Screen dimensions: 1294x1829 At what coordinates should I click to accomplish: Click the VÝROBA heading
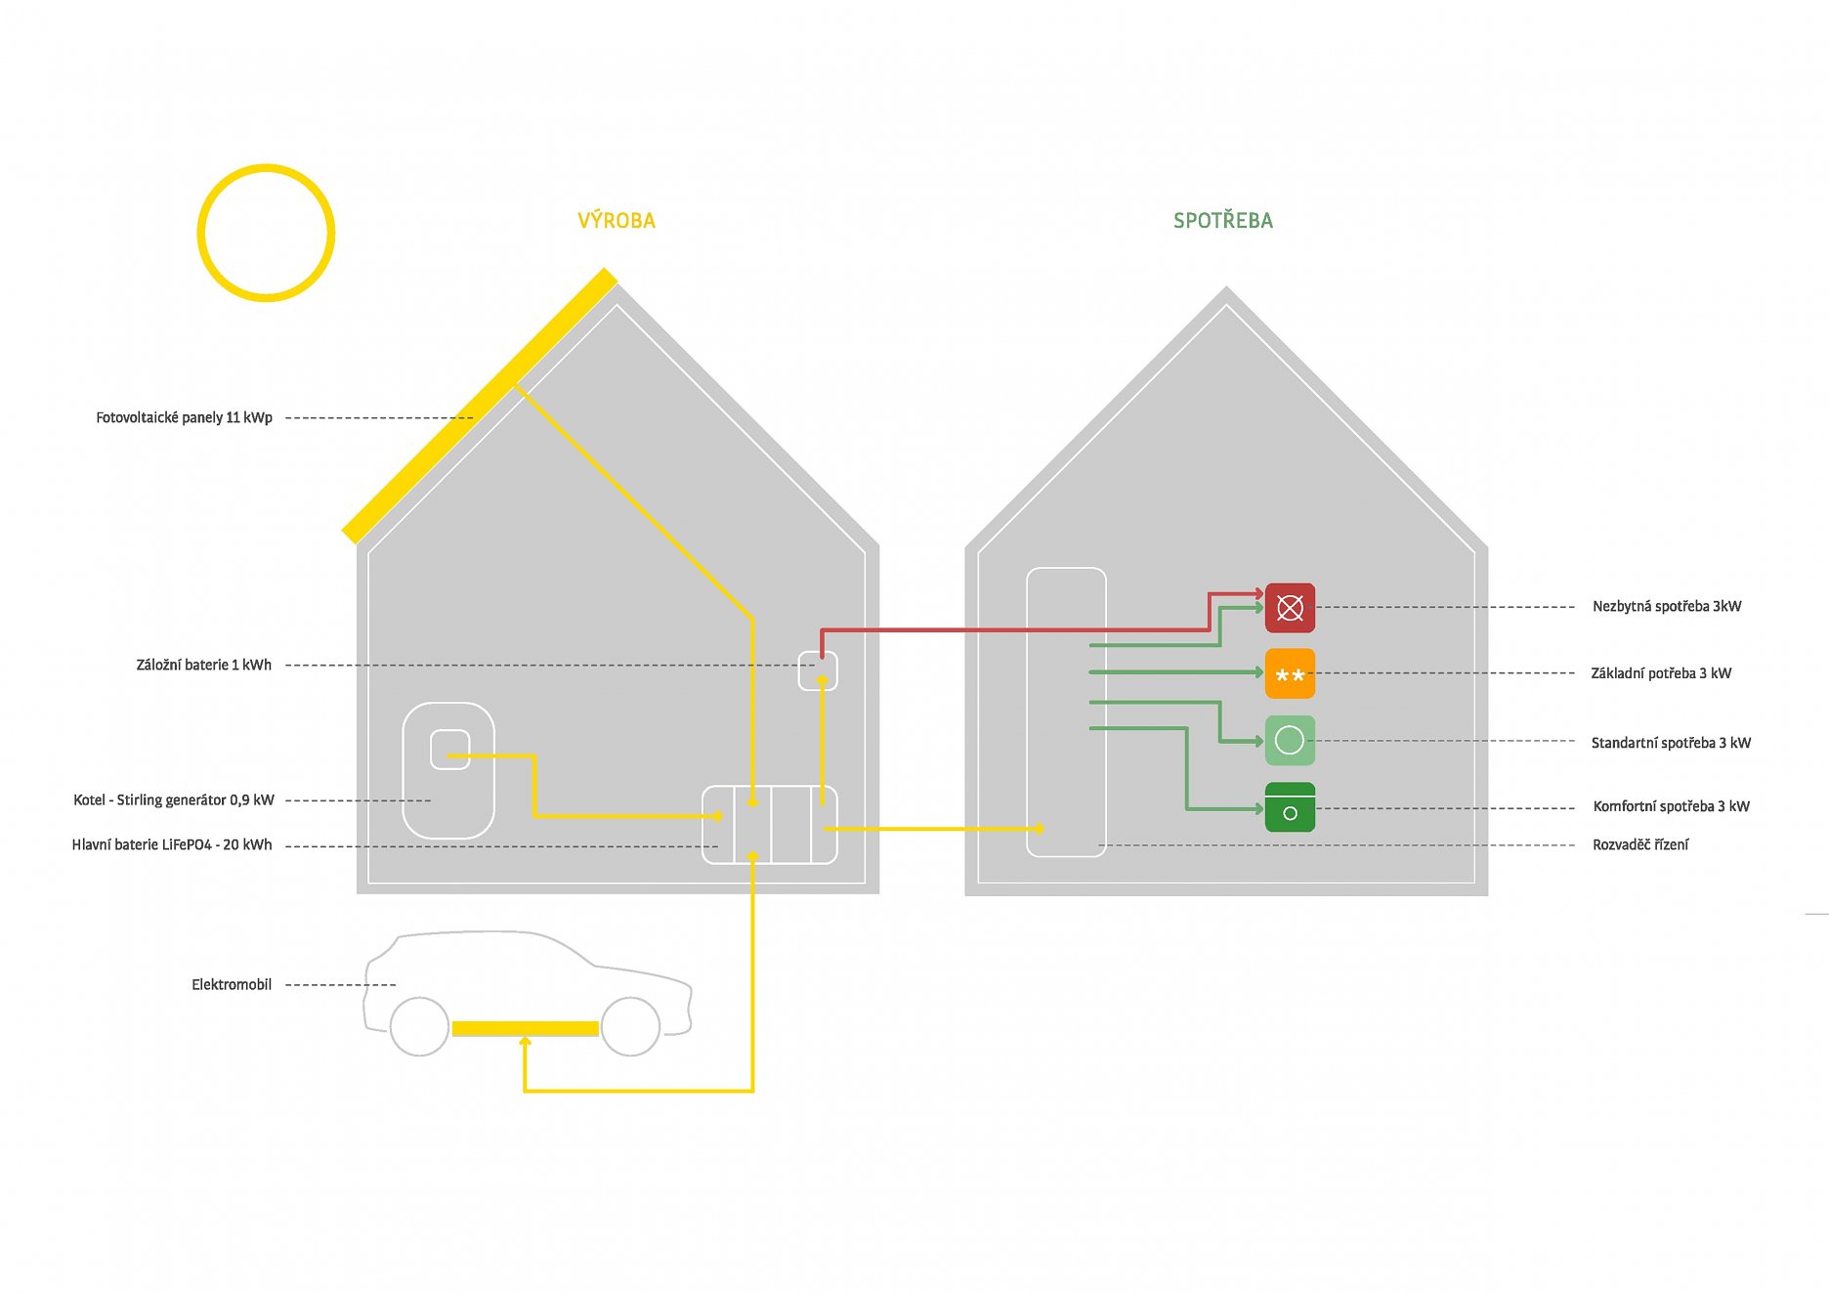(x=617, y=221)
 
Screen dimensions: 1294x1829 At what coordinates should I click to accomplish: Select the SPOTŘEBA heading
(x=1222, y=221)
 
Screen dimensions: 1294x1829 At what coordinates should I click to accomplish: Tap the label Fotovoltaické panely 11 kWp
(x=184, y=417)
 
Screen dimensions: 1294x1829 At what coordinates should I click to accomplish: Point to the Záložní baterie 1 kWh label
(x=203, y=665)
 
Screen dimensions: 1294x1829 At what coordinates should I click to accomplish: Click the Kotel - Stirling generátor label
(x=173, y=799)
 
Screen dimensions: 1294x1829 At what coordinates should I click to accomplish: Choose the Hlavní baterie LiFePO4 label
(x=172, y=844)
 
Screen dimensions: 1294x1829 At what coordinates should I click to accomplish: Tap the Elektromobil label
(x=232, y=984)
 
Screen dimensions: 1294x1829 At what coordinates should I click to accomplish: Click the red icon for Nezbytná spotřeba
(x=1290, y=608)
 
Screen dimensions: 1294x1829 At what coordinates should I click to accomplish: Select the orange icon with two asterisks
(x=1290, y=673)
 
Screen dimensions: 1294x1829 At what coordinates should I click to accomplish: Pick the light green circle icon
(x=1290, y=741)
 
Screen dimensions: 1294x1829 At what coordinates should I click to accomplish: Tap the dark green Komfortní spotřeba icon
(x=1290, y=807)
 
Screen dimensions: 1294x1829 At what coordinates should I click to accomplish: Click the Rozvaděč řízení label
(x=1639, y=844)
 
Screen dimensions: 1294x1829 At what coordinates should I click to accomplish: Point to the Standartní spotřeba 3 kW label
(x=1670, y=743)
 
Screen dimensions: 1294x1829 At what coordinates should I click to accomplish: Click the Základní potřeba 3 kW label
(x=1660, y=673)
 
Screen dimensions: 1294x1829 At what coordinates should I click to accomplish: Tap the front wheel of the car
(x=630, y=1026)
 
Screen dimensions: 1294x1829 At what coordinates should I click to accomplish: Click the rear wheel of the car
(x=419, y=1026)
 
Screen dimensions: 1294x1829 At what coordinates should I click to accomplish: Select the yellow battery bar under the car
(x=525, y=1028)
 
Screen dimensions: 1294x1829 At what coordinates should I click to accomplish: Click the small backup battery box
(x=818, y=670)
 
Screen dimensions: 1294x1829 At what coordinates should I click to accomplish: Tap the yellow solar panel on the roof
(x=479, y=406)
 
